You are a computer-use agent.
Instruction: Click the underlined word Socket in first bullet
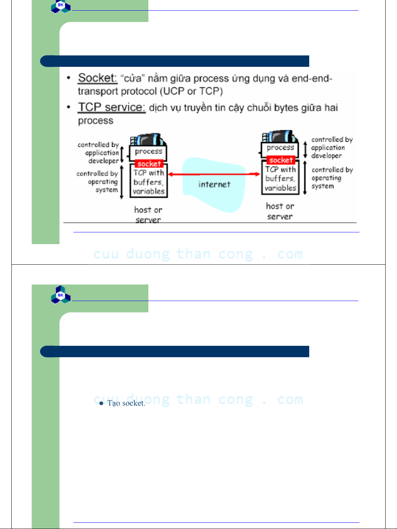97,78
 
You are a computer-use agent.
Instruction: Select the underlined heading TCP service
112,108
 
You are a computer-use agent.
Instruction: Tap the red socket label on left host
149,164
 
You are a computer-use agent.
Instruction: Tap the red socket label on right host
281,160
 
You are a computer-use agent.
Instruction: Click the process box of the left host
148,152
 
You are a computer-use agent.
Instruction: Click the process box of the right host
280,148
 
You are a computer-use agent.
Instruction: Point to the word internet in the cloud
214,184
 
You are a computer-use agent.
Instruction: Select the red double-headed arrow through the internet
214,174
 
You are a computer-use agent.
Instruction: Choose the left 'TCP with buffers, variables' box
148,181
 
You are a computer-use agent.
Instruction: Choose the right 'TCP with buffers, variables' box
280,177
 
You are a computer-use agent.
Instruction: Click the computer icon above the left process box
148,139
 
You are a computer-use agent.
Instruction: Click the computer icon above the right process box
280,136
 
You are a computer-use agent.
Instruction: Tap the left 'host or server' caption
148,215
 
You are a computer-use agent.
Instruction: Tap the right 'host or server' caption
280,211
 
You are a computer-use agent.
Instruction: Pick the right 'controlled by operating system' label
332,178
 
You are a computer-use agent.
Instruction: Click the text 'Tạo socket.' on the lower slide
126,403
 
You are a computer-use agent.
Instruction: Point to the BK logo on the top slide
61,7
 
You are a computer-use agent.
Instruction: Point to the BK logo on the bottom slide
61,295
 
